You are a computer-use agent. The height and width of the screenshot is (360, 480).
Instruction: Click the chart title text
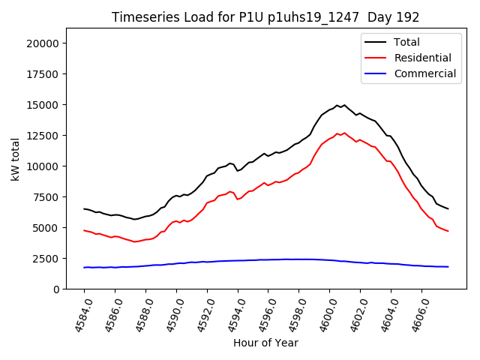(265, 16)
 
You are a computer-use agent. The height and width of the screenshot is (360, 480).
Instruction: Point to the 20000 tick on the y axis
(43, 43)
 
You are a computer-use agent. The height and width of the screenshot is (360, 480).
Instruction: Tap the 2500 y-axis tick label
(46, 259)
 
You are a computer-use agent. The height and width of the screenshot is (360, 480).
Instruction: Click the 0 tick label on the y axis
(56, 289)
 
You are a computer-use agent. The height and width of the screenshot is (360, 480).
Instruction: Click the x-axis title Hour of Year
(265, 343)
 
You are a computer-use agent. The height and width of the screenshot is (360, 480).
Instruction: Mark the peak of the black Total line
(338, 105)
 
